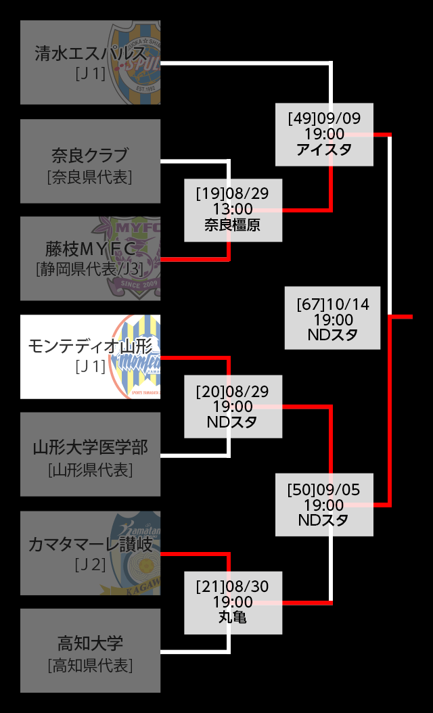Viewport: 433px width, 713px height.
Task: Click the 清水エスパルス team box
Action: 90,62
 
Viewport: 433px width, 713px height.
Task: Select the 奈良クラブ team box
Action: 90,161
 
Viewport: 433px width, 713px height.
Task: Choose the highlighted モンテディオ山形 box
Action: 90,356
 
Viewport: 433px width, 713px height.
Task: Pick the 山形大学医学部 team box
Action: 90,454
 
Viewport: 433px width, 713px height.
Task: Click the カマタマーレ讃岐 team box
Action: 90,553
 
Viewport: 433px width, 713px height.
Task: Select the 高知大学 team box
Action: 90,650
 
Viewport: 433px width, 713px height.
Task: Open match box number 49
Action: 324,134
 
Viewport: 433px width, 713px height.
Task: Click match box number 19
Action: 233,210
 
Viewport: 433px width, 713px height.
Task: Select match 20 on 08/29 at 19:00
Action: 233,407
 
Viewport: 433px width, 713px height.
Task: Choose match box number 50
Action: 324,505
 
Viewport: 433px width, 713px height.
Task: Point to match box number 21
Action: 233,602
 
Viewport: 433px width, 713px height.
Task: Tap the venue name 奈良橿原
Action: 233,225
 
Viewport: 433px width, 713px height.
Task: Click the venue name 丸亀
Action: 233,618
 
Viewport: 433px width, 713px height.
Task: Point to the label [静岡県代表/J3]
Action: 90,269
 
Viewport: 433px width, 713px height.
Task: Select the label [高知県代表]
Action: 90,666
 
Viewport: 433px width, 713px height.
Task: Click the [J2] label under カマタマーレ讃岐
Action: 91,563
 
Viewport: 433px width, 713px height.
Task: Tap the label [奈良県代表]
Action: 90,177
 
